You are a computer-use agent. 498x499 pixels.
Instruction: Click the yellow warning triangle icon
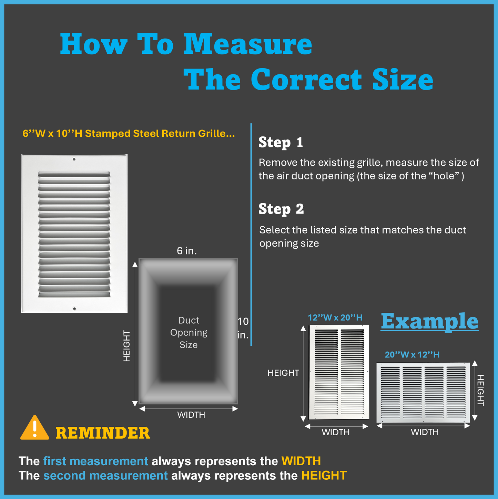coord(35,428)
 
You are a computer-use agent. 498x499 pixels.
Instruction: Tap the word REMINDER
coord(103,433)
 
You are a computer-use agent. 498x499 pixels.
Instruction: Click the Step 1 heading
coord(281,142)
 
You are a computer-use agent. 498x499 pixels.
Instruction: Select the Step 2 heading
coord(281,209)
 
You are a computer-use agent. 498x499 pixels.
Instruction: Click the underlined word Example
coord(429,321)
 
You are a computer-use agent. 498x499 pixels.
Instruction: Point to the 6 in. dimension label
coord(187,251)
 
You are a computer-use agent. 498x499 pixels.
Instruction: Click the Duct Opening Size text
coord(189,332)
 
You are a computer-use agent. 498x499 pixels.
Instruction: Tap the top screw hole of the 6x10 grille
coord(74,159)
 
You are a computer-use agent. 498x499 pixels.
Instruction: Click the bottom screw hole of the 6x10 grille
coord(74,309)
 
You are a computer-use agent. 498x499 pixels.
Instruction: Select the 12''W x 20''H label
coord(335,318)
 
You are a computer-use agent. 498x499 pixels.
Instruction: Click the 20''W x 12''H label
coord(412,354)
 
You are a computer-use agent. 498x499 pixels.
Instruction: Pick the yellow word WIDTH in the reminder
coord(301,461)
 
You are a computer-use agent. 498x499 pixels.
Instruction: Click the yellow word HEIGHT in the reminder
coord(324,476)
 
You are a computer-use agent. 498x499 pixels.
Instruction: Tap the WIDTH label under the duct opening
coord(191,415)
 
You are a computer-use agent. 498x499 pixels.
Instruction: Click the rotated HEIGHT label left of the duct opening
coord(126,346)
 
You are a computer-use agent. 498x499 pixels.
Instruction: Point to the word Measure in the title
coord(248,44)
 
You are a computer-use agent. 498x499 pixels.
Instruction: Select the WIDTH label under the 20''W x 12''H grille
coord(425,432)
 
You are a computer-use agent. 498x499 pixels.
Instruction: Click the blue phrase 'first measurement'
coord(96,461)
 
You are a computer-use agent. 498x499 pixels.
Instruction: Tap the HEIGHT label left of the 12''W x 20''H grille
coord(283,373)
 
